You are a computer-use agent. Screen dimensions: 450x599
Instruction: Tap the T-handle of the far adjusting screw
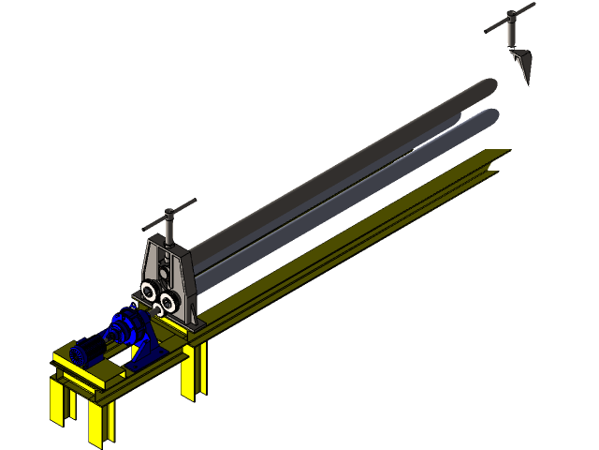511,17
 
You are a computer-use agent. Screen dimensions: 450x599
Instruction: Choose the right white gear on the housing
169,301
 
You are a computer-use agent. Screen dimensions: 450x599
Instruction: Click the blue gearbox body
126,327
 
